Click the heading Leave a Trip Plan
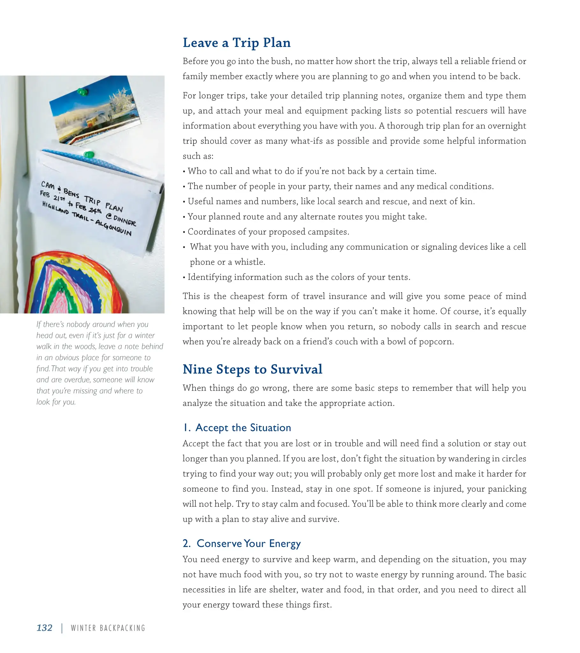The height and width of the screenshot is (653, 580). pyautogui.click(x=237, y=43)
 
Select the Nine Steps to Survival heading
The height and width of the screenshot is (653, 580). pyautogui.click(x=253, y=369)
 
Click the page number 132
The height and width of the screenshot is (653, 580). pyautogui.click(x=44, y=628)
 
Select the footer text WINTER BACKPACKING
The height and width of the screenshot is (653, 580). pyautogui.click(x=108, y=628)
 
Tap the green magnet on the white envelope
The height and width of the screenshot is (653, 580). pyautogui.click(x=89, y=155)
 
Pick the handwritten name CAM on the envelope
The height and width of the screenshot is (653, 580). pyautogui.click(x=48, y=185)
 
